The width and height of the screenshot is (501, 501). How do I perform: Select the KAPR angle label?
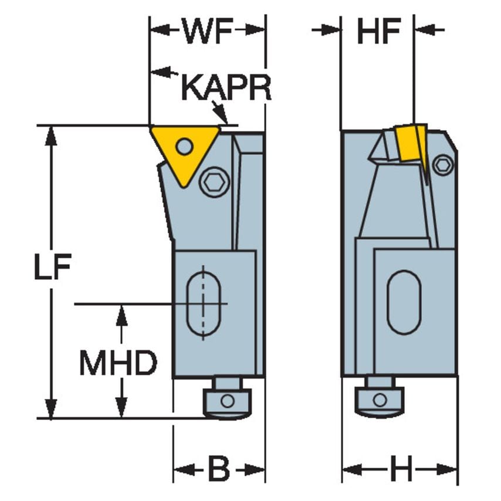(225, 87)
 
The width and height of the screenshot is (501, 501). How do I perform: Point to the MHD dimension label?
(119, 364)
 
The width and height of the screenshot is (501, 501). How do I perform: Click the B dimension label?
(218, 470)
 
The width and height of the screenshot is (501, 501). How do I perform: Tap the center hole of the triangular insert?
(184, 145)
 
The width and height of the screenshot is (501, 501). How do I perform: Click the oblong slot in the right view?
(404, 303)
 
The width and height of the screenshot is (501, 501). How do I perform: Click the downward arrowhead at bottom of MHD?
(121, 409)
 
